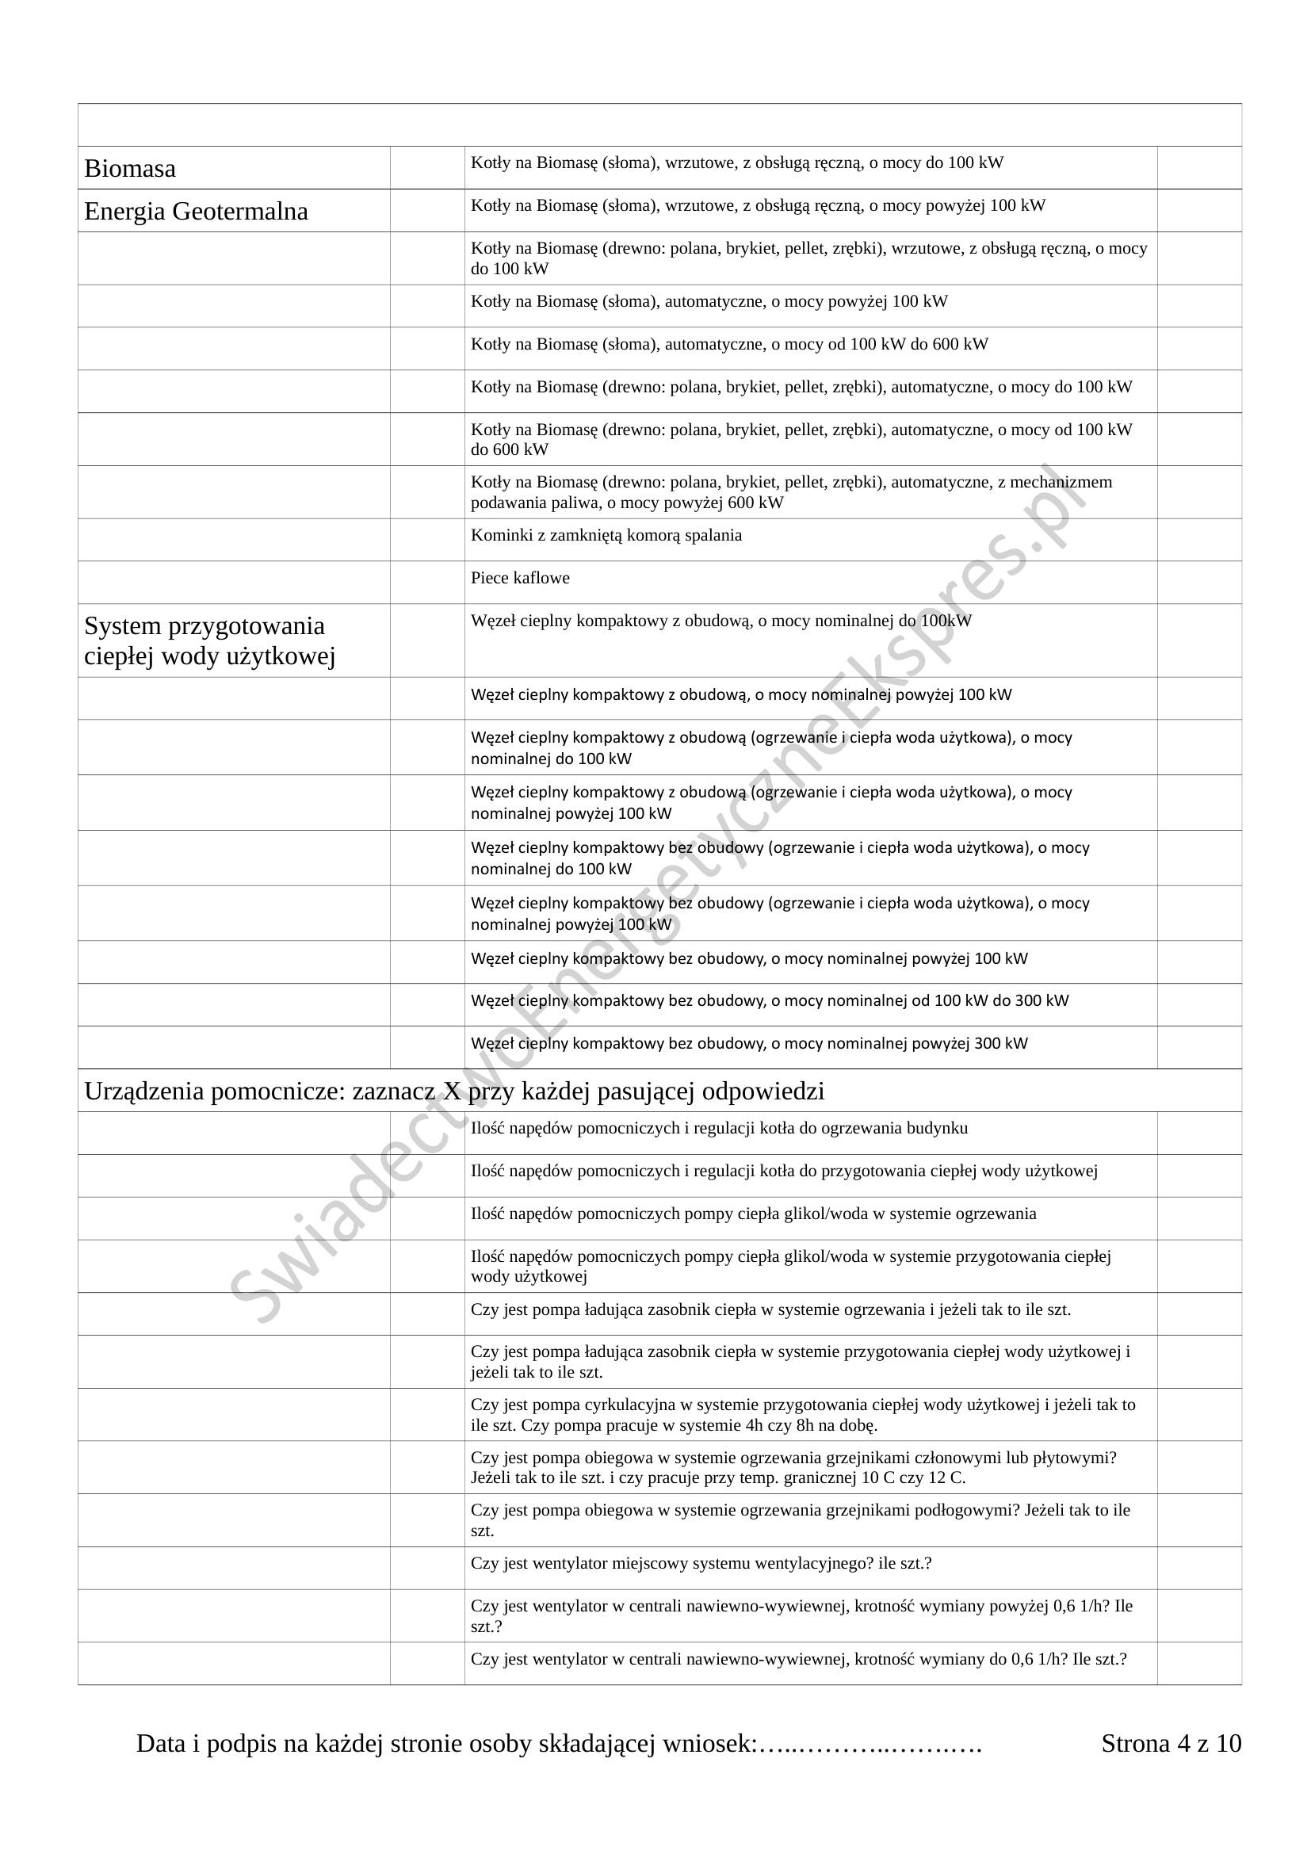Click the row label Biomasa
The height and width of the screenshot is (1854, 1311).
pyautogui.click(x=130, y=169)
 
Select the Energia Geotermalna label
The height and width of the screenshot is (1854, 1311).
pyautogui.click(x=196, y=212)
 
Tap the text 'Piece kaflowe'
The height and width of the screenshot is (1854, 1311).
pyautogui.click(x=520, y=578)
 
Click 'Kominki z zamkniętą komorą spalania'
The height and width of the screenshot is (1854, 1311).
pyautogui.click(x=606, y=535)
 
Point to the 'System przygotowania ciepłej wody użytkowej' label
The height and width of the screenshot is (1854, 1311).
pyautogui.click(x=209, y=641)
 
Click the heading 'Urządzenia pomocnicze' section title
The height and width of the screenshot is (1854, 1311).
pyautogui.click(x=454, y=1091)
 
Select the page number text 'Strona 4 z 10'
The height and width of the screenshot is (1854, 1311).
pyautogui.click(x=1171, y=1743)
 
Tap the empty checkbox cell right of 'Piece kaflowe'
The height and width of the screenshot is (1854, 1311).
pyautogui.click(x=1198, y=583)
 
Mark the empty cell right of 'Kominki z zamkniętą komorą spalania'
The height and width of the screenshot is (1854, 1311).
pyautogui.click(x=1198, y=540)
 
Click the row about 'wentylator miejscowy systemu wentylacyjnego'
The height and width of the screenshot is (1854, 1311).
pyautogui.click(x=701, y=1562)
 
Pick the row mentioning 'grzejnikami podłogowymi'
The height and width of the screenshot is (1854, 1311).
pyautogui.click(x=800, y=1520)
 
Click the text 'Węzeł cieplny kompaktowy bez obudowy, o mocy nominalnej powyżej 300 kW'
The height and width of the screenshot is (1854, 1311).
pyautogui.click(x=749, y=1043)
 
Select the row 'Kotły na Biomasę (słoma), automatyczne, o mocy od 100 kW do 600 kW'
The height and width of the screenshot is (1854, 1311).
pyautogui.click(x=729, y=345)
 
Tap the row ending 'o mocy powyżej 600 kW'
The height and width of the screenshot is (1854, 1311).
pyautogui.click(x=791, y=492)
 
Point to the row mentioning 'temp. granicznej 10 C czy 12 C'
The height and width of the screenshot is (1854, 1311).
pyautogui.click(x=793, y=1467)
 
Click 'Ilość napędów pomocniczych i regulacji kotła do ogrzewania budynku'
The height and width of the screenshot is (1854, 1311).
pyautogui.click(x=718, y=1128)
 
